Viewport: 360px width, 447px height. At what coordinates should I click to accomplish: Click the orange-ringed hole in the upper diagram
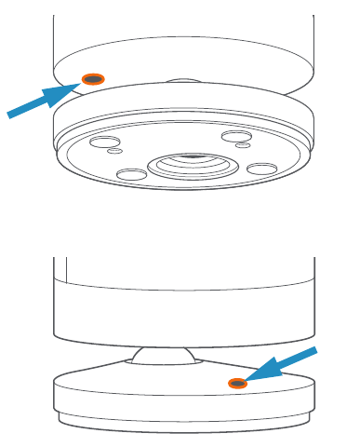(x=93, y=79)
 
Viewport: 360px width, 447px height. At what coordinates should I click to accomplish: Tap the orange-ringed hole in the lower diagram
(x=238, y=382)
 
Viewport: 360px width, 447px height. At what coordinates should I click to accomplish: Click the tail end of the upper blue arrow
(x=12, y=114)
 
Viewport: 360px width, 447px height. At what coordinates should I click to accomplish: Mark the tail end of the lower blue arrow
(x=313, y=352)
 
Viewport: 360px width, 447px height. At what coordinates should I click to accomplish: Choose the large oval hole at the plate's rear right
(x=233, y=137)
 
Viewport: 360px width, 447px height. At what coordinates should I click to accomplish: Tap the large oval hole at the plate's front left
(x=131, y=174)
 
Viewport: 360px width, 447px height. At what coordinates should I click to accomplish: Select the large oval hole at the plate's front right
(x=262, y=169)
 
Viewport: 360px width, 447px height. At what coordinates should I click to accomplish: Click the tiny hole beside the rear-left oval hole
(x=115, y=151)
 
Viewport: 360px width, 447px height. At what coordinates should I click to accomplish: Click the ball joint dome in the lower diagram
(x=164, y=354)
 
